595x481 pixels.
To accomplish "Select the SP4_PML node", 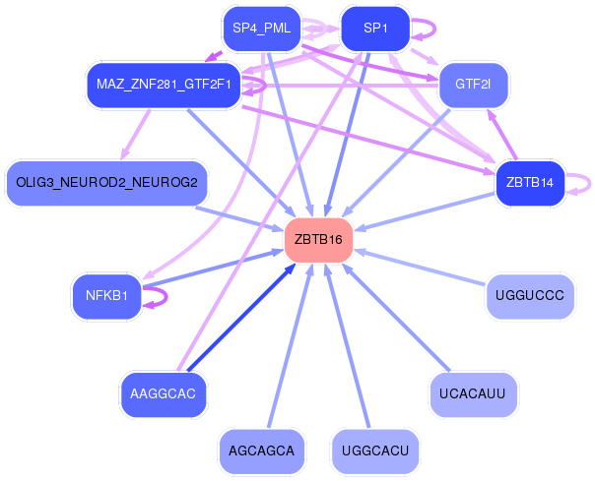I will [x=261, y=28].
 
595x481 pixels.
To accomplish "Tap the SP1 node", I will [x=374, y=28].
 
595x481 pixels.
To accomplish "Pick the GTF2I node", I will [x=474, y=84].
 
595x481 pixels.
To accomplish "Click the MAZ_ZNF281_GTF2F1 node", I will [x=162, y=84].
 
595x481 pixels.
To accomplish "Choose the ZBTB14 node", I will [x=529, y=182].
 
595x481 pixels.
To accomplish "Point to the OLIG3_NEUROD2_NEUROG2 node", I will [x=106, y=182].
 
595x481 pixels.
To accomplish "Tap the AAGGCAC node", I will [x=163, y=393].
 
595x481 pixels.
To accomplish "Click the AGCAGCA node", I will [x=261, y=451].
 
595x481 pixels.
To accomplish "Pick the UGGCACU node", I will [x=374, y=451].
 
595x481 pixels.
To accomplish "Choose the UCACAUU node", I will [x=473, y=393].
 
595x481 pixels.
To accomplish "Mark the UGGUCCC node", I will [x=529, y=295].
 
